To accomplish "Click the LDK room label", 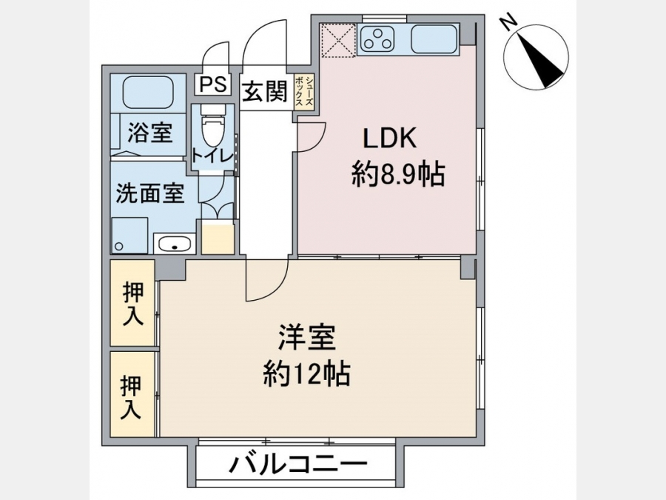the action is [x=389, y=139].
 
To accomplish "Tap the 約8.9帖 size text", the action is [x=398, y=174].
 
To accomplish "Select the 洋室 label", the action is [x=306, y=338].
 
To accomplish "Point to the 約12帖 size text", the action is [x=306, y=374].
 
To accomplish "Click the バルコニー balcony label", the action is [x=297, y=464].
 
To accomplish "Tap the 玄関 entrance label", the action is [x=265, y=91].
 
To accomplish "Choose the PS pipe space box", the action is [x=213, y=84].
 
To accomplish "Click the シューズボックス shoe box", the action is [x=304, y=93].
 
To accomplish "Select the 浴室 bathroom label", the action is [x=150, y=133].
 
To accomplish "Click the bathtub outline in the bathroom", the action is [x=148, y=91].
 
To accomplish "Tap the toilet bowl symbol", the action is [x=213, y=129].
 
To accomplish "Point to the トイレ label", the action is [x=212, y=156].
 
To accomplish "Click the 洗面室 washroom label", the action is [x=150, y=193].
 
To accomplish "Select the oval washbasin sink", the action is [x=175, y=244].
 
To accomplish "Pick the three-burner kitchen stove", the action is [x=377, y=38].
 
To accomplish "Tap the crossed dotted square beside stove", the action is [x=337, y=40].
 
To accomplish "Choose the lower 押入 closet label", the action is [x=131, y=398].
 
